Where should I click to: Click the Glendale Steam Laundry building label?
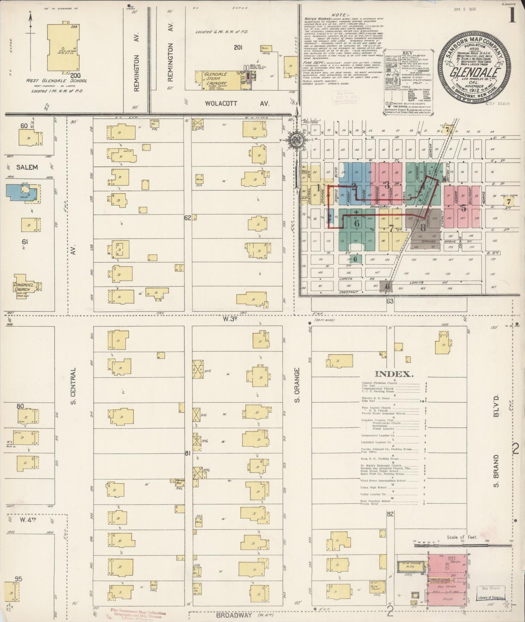click(x=215, y=78)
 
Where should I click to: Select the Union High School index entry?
click(x=373, y=487)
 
